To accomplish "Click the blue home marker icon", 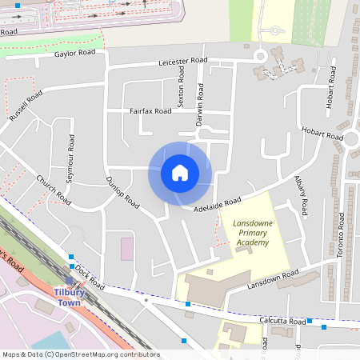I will click(x=180, y=172).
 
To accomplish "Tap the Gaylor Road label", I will click(x=75, y=53).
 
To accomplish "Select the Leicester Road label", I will click(x=183, y=61).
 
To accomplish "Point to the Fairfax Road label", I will click(x=150, y=111).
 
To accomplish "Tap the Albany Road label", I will click(x=301, y=197).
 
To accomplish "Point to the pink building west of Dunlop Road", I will click(x=127, y=248).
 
